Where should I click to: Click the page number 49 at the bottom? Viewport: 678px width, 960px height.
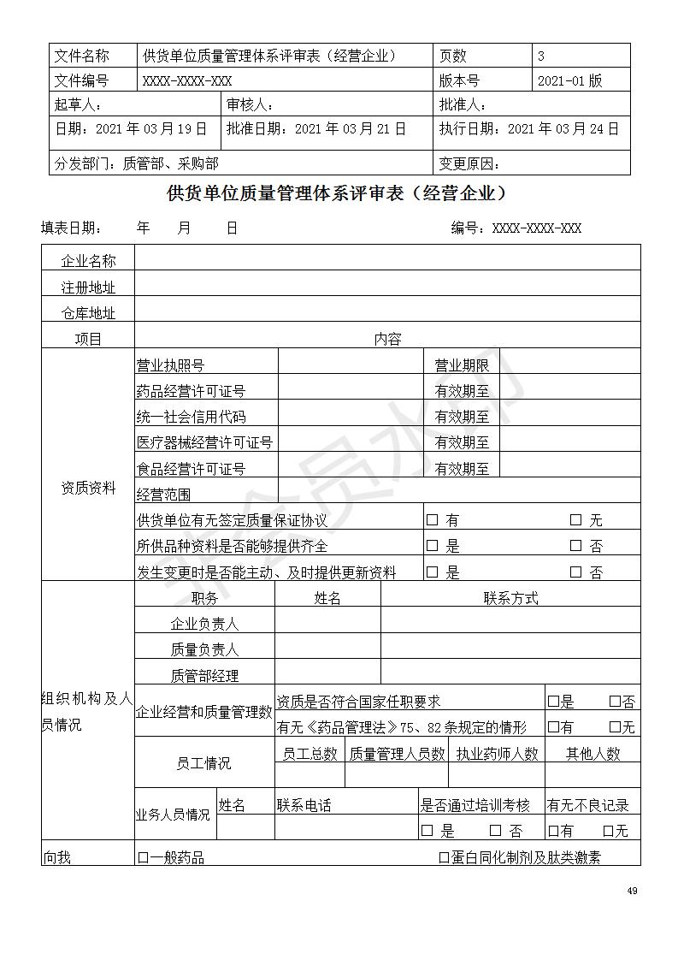click(632, 891)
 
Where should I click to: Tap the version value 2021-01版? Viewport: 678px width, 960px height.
click(569, 80)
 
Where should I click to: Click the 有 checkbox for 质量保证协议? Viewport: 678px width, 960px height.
click(432, 519)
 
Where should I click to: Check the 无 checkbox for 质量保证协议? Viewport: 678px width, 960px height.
click(575, 519)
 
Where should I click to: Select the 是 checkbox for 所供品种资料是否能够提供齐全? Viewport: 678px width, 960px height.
click(432, 546)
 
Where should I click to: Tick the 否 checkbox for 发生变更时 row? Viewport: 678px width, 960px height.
click(575, 572)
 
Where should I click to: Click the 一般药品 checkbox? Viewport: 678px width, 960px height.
click(143, 857)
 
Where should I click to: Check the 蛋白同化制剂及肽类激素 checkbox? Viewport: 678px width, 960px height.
click(444, 857)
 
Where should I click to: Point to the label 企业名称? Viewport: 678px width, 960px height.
click(88, 261)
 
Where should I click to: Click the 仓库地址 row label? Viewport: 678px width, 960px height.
click(88, 313)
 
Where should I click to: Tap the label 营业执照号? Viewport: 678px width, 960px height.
click(170, 365)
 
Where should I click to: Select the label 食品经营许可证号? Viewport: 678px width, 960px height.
click(191, 469)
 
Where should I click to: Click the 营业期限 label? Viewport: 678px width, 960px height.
click(462, 365)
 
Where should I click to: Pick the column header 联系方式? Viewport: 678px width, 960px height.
click(510, 598)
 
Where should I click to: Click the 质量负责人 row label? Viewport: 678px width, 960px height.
click(204, 649)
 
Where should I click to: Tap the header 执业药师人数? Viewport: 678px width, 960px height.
click(497, 753)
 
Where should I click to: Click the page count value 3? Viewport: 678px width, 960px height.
click(541, 56)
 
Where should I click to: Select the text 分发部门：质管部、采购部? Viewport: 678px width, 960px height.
click(136, 163)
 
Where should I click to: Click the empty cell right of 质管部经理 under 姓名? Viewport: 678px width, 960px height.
click(327, 675)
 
